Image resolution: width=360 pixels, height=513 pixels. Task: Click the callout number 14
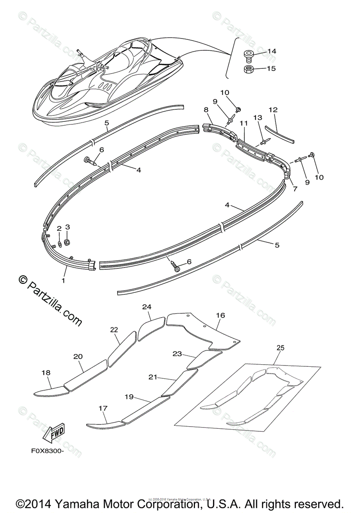(272, 51)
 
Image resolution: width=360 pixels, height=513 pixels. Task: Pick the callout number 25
(280, 348)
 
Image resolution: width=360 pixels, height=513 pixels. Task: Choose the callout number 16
(220, 315)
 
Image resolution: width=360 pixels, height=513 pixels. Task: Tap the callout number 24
(147, 307)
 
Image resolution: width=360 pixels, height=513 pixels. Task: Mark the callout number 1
(63, 280)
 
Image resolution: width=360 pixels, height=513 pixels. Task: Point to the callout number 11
(244, 123)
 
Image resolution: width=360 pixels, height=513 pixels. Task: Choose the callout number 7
(295, 189)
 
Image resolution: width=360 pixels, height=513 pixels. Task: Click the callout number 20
(78, 356)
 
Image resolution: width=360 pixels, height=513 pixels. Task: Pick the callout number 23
(177, 354)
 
